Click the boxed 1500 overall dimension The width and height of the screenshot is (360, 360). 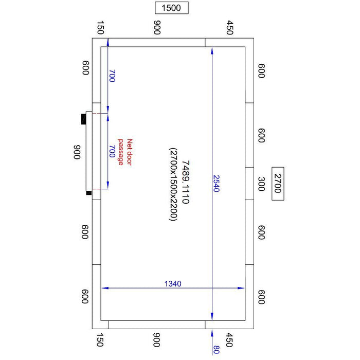tap(171, 8)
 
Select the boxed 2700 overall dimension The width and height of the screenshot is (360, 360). tap(278, 184)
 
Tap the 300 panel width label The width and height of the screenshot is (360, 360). tap(262, 184)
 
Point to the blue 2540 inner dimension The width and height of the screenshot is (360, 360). tap(217, 183)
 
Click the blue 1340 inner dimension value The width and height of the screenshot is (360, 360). tap(173, 284)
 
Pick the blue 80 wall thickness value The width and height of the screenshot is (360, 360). tap(217, 349)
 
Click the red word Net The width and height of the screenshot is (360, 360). tap(130, 144)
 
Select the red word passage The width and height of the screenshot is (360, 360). tap(121, 152)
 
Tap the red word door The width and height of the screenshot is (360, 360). tap(130, 158)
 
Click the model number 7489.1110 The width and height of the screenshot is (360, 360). tap(186, 182)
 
